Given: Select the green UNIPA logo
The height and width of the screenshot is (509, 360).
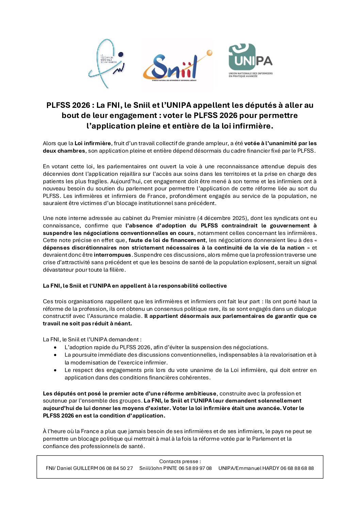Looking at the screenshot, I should (x=250, y=60).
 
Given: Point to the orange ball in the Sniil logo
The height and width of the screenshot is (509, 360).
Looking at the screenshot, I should (x=209, y=53).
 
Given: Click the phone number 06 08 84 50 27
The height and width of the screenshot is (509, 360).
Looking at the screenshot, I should (x=116, y=468).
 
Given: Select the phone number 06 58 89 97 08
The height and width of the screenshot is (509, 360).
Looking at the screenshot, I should (x=195, y=468).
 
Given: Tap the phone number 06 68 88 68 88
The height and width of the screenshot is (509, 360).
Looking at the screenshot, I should (x=297, y=468).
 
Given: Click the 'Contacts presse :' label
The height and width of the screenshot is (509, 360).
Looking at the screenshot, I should (x=180, y=461).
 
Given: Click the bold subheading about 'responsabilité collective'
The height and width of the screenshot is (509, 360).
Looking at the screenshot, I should (x=135, y=286).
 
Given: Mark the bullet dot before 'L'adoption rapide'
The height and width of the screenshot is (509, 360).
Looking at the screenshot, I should (x=55, y=347).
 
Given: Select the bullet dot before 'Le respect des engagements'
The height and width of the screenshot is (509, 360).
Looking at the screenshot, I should (x=55, y=370).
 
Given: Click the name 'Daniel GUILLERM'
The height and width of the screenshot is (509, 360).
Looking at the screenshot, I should (x=77, y=468).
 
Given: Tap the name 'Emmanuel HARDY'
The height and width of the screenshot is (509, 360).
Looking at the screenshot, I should (x=257, y=468).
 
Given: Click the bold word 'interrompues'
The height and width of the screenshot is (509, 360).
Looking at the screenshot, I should (x=112, y=255).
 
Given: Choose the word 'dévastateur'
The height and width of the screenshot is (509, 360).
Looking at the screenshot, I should (x=58, y=270).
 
